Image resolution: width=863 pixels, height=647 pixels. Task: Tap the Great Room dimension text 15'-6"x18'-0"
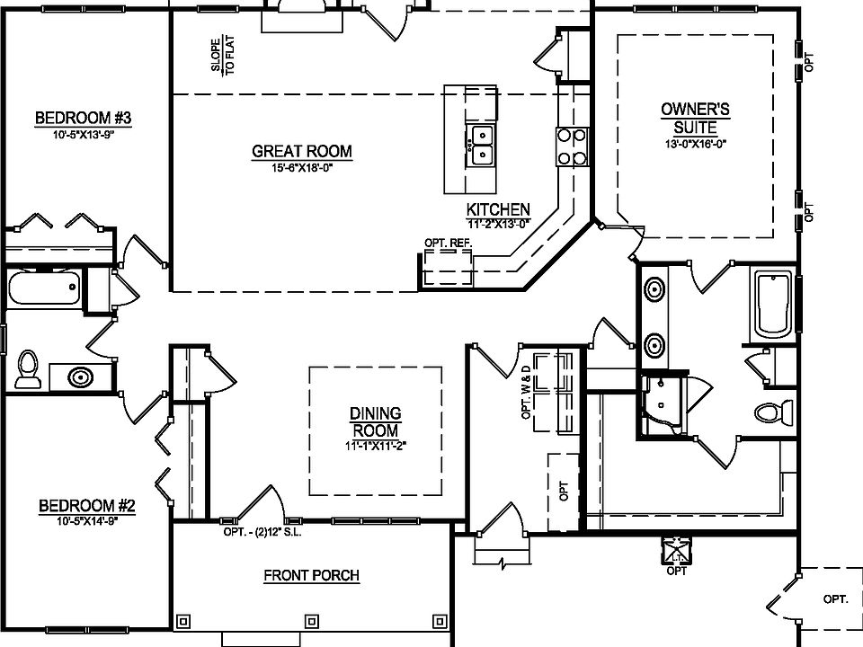[x=302, y=168]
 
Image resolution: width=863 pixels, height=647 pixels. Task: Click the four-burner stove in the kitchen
[x=573, y=147]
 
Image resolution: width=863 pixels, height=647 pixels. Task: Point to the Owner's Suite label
[x=695, y=118]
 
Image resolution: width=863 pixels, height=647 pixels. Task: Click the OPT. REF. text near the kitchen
[x=447, y=243]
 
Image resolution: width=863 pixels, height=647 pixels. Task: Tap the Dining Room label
[x=375, y=421]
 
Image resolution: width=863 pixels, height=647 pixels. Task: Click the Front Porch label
[x=311, y=576]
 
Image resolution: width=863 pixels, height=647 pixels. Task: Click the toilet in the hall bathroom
[x=28, y=369]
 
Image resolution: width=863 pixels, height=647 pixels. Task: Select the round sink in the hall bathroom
[x=80, y=377]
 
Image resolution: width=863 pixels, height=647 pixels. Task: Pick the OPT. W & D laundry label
[x=528, y=395]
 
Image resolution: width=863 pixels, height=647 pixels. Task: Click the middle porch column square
[x=312, y=620]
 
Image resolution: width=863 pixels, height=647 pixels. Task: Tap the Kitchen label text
[x=497, y=208]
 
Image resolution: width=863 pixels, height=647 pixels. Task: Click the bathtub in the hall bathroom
[x=44, y=289]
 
